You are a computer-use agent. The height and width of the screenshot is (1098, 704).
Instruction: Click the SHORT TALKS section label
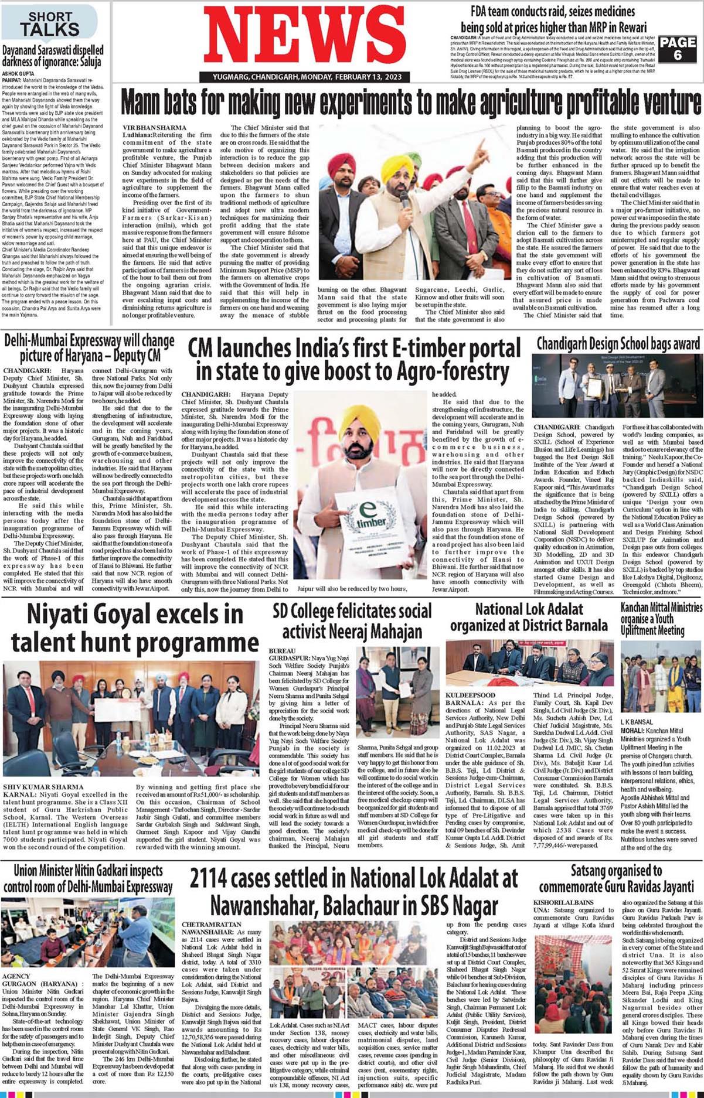point(50,23)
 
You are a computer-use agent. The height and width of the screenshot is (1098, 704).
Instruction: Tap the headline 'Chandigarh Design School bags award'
point(618,343)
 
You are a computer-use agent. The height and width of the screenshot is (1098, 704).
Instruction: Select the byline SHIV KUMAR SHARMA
point(43,786)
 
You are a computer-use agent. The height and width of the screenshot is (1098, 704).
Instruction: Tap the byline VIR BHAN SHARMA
point(154,127)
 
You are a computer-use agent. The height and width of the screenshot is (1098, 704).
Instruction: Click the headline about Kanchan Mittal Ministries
point(661,618)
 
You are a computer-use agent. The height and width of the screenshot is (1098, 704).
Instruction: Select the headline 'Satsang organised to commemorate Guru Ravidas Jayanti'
point(617,878)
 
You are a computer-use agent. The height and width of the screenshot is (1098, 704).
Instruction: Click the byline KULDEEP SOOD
point(470,695)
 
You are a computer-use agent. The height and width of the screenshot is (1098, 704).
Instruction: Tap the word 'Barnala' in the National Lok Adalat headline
point(582,625)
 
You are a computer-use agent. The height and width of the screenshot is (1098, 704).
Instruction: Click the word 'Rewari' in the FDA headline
point(625,27)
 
